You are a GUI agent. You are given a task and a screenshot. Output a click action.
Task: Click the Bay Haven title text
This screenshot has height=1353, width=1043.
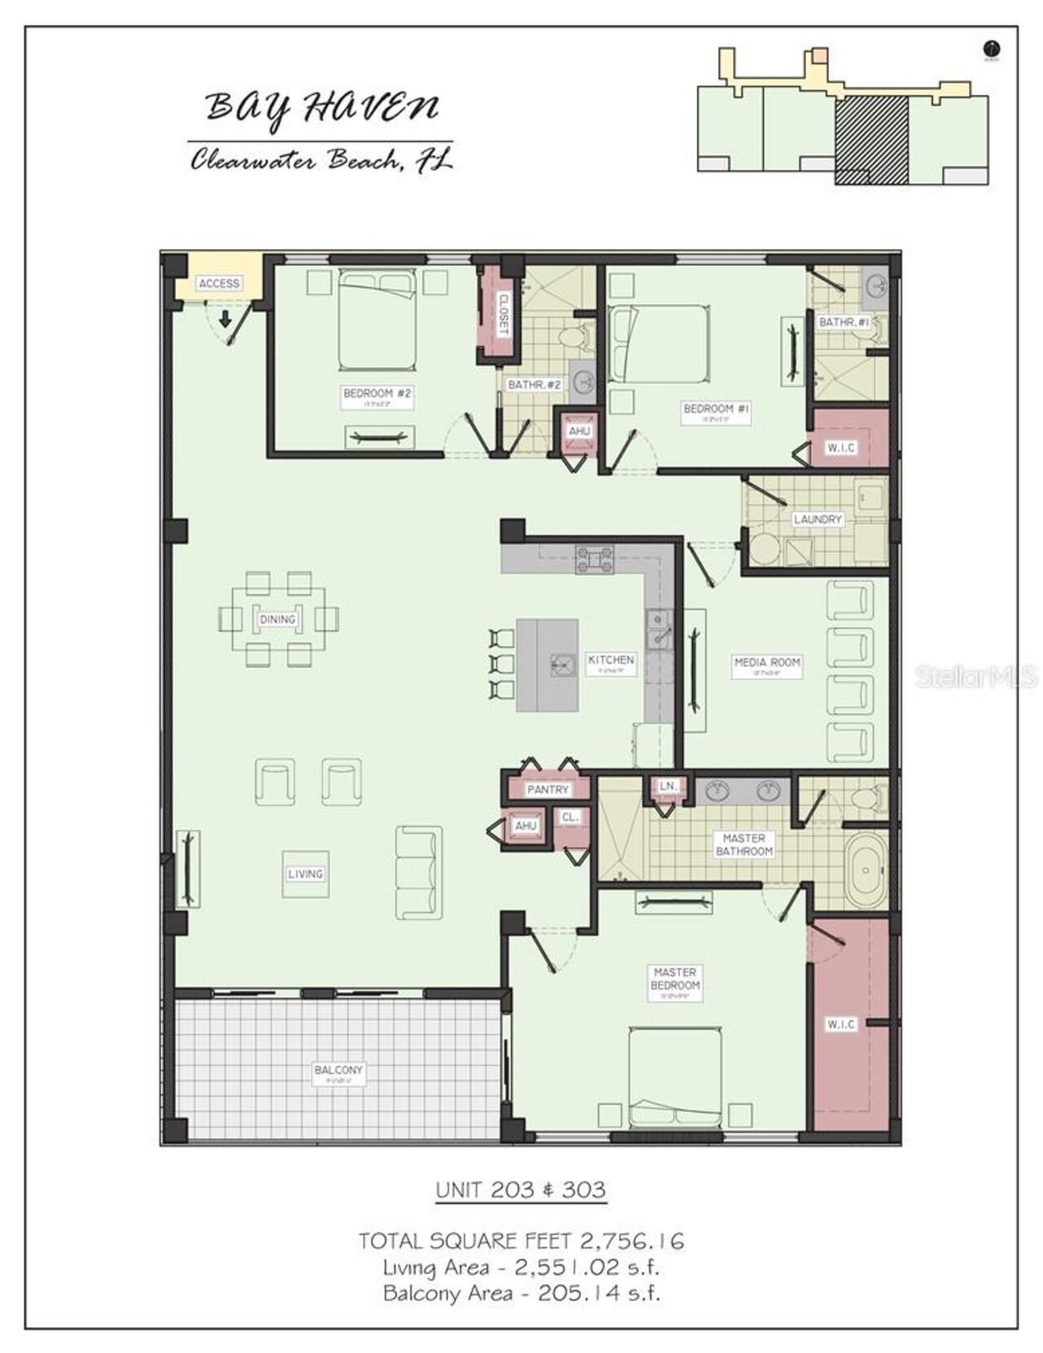pyautogui.click(x=321, y=108)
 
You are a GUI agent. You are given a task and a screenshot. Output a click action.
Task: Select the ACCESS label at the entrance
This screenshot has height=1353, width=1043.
pyautogui.click(x=218, y=283)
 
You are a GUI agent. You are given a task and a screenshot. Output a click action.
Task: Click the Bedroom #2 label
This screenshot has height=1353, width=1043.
pyautogui.click(x=376, y=394)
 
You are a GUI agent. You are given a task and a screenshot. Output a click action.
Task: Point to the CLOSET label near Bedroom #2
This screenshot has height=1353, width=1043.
pyautogui.click(x=503, y=314)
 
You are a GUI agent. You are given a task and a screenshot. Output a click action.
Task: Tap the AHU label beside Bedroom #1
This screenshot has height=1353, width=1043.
pyautogui.click(x=579, y=430)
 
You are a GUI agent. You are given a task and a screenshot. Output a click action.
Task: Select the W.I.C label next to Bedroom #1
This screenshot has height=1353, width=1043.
pyautogui.click(x=840, y=447)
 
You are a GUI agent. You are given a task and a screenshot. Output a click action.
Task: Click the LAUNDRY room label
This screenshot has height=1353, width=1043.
pyautogui.click(x=817, y=519)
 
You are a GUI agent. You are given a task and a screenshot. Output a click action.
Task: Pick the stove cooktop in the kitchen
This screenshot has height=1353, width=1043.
pyautogui.click(x=594, y=559)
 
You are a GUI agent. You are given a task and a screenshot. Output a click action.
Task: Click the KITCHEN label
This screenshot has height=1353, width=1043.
pyautogui.click(x=611, y=660)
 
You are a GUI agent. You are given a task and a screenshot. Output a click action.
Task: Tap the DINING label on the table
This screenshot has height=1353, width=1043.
pyautogui.click(x=277, y=619)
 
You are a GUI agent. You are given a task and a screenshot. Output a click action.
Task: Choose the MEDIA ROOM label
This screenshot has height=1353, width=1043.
pyautogui.click(x=767, y=663)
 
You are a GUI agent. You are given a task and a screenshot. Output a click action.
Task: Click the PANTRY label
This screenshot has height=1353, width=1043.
pyautogui.click(x=548, y=789)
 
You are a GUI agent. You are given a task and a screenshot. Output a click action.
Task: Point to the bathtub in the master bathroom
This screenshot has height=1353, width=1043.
pyautogui.click(x=866, y=869)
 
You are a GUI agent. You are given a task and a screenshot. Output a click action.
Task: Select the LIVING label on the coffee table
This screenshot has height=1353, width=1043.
pyautogui.click(x=306, y=874)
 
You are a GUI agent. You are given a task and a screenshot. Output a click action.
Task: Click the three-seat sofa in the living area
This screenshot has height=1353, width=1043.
pyautogui.click(x=419, y=873)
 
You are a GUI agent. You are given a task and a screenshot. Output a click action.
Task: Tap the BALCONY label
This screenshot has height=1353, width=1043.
pyautogui.click(x=338, y=1070)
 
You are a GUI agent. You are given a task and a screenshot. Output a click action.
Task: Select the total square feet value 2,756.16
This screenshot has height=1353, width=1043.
pyautogui.click(x=632, y=1241)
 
